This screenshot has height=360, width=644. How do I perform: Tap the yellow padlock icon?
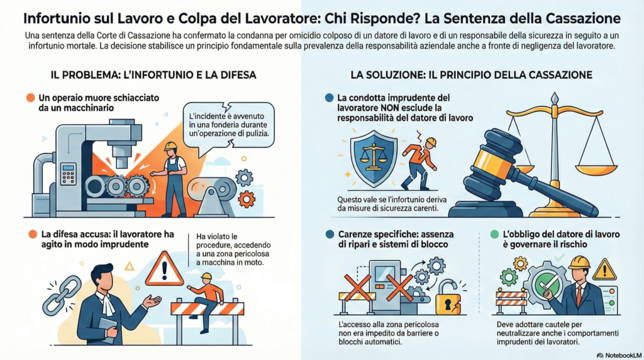[x=448, y=298]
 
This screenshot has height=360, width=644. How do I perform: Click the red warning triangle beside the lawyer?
[x=164, y=269]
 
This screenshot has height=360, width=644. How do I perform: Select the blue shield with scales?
[x=374, y=159]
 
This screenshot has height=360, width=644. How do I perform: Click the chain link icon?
[x=62, y=296]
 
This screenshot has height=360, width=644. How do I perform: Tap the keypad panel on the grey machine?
[x=68, y=174]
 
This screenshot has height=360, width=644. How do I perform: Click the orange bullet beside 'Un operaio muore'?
[x=30, y=98]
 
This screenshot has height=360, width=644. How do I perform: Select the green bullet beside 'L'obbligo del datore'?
[x=494, y=234]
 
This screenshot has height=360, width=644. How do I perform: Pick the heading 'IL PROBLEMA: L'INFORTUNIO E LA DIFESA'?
[x=153, y=75]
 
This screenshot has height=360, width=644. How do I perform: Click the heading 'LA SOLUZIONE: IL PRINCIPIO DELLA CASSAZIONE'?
[x=471, y=75]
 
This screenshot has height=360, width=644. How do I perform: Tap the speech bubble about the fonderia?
[x=228, y=125]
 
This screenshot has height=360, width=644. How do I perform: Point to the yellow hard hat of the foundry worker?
[x=170, y=146]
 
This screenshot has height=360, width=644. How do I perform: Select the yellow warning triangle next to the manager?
[x=604, y=269]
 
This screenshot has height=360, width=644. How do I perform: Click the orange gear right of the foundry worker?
[x=247, y=200]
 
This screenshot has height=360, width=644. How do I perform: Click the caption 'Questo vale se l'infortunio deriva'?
[x=392, y=200]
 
